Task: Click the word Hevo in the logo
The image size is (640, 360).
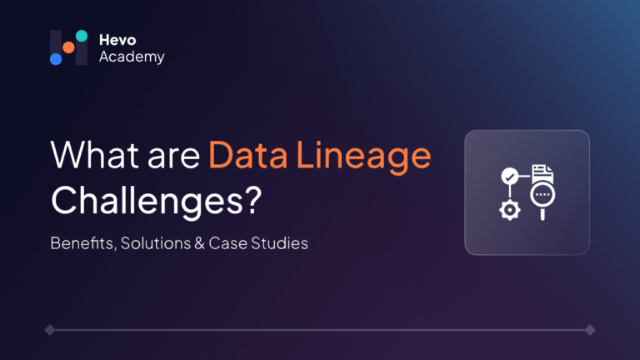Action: [x=117, y=40]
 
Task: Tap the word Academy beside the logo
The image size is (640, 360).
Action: [x=132, y=57]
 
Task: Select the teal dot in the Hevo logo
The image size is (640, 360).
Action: [x=82, y=36]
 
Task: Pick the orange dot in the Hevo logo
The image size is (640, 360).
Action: [x=68, y=47]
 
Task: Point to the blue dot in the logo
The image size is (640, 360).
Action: [x=56, y=59]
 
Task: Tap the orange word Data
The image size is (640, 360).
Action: [x=248, y=155]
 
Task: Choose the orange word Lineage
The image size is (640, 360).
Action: [x=363, y=157]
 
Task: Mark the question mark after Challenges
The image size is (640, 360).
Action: [x=254, y=200]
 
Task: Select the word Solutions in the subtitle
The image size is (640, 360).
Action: [x=156, y=243]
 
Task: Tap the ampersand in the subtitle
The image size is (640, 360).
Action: [x=200, y=243]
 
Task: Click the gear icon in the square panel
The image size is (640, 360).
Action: [x=510, y=210]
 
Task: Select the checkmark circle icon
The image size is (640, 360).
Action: [x=509, y=177]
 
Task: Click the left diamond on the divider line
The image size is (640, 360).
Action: [x=50, y=330]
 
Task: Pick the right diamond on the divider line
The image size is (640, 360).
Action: [x=590, y=330]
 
